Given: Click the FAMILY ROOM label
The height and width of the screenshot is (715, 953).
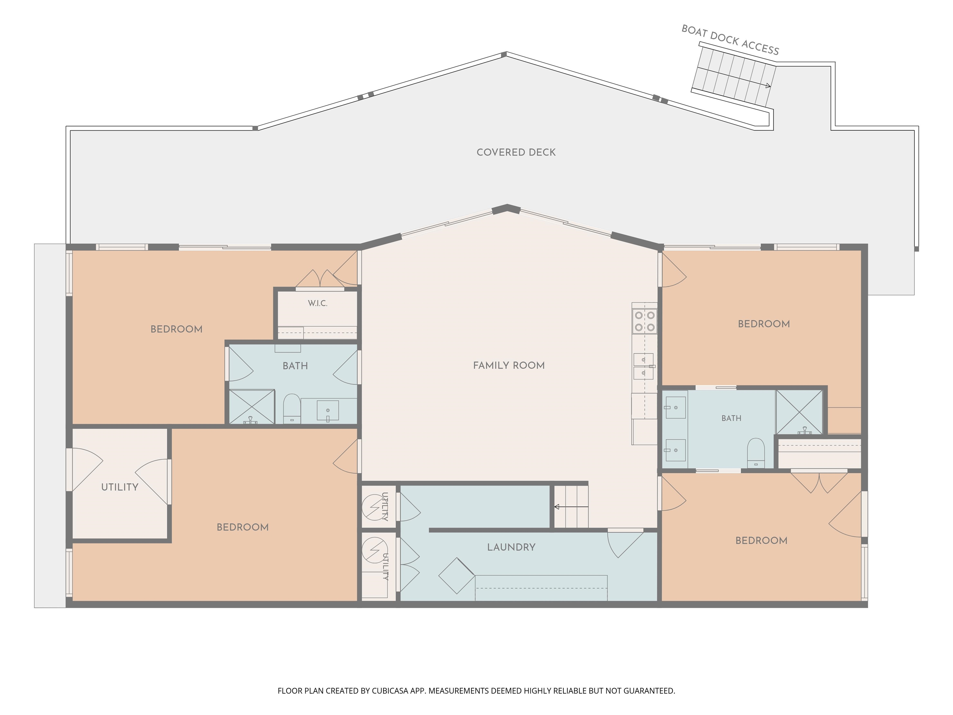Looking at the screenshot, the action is pyautogui.click(x=509, y=366).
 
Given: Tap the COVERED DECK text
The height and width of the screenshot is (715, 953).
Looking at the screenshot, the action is pyautogui.click(x=516, y=152).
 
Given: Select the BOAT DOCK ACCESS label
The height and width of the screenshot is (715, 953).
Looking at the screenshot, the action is pyautogui.click(x=730, y=40).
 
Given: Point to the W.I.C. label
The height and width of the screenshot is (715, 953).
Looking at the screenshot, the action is pyautogui.click(x=318, y=304).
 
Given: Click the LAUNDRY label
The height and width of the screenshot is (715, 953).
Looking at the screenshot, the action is pyautogui.click(x=511, y=547).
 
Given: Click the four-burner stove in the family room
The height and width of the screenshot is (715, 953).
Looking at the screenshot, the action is pyautogui.click(x=645, y=321).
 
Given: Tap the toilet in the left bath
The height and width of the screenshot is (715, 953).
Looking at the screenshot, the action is pyautogui.click(x=292, y=409).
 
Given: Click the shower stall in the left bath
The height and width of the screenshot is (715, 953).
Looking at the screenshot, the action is pyautogui.click(x=252, y=407).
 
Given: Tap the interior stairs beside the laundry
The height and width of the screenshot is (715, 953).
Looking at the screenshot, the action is pyautogui.click(x=571, y=507).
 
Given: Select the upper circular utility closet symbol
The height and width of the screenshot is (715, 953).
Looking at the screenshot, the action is pyautogui.click(x=375, y=507).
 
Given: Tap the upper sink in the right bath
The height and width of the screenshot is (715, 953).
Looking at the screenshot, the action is pyautogui.click(x=676, y=407).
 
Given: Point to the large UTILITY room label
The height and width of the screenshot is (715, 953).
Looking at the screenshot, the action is pyautogui.click(x=120, y=487).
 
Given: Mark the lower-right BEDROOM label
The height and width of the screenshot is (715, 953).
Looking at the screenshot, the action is pyautogui.click(x=761, y=541).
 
